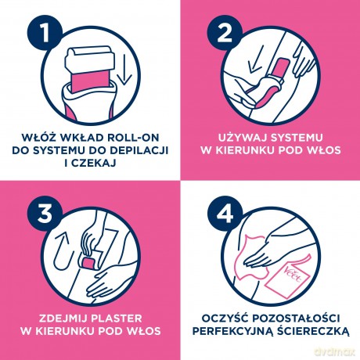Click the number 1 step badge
[45, 33]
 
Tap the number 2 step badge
[225, 33]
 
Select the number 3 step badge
[45, 214]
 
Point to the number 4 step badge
[225, 214]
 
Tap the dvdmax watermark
[335, 351]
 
